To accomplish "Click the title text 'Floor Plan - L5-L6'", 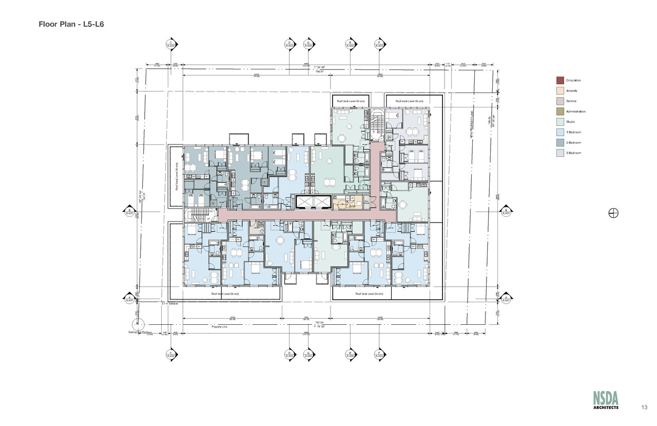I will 71,24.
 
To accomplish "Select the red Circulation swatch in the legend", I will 560,81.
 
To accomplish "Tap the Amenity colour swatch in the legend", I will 560,91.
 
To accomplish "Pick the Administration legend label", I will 575,112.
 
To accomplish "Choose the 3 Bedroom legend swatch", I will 560,153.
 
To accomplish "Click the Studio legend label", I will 571,122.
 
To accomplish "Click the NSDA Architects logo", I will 606,400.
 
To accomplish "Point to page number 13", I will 644,407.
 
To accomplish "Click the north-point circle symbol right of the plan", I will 613,213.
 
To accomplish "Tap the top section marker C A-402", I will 170,44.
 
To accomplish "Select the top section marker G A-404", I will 308,44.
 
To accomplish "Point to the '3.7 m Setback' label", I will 169,304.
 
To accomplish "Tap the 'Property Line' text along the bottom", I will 220,326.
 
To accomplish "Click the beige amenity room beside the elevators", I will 347,203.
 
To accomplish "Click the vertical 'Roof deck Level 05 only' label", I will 177,176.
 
